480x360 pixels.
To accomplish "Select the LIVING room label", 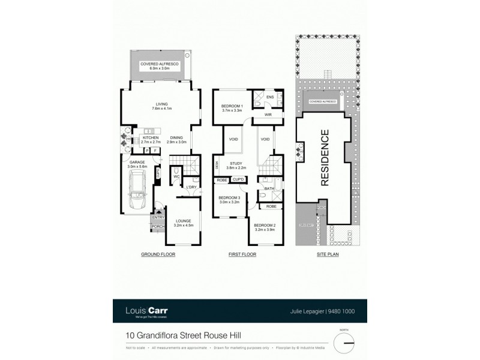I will point(161,104).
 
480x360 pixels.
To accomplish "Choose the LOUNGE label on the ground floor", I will point(183,221).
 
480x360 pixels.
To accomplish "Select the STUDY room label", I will point(235,161).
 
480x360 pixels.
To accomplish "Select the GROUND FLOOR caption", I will point(158,254).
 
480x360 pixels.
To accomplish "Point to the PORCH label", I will point(158,226).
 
